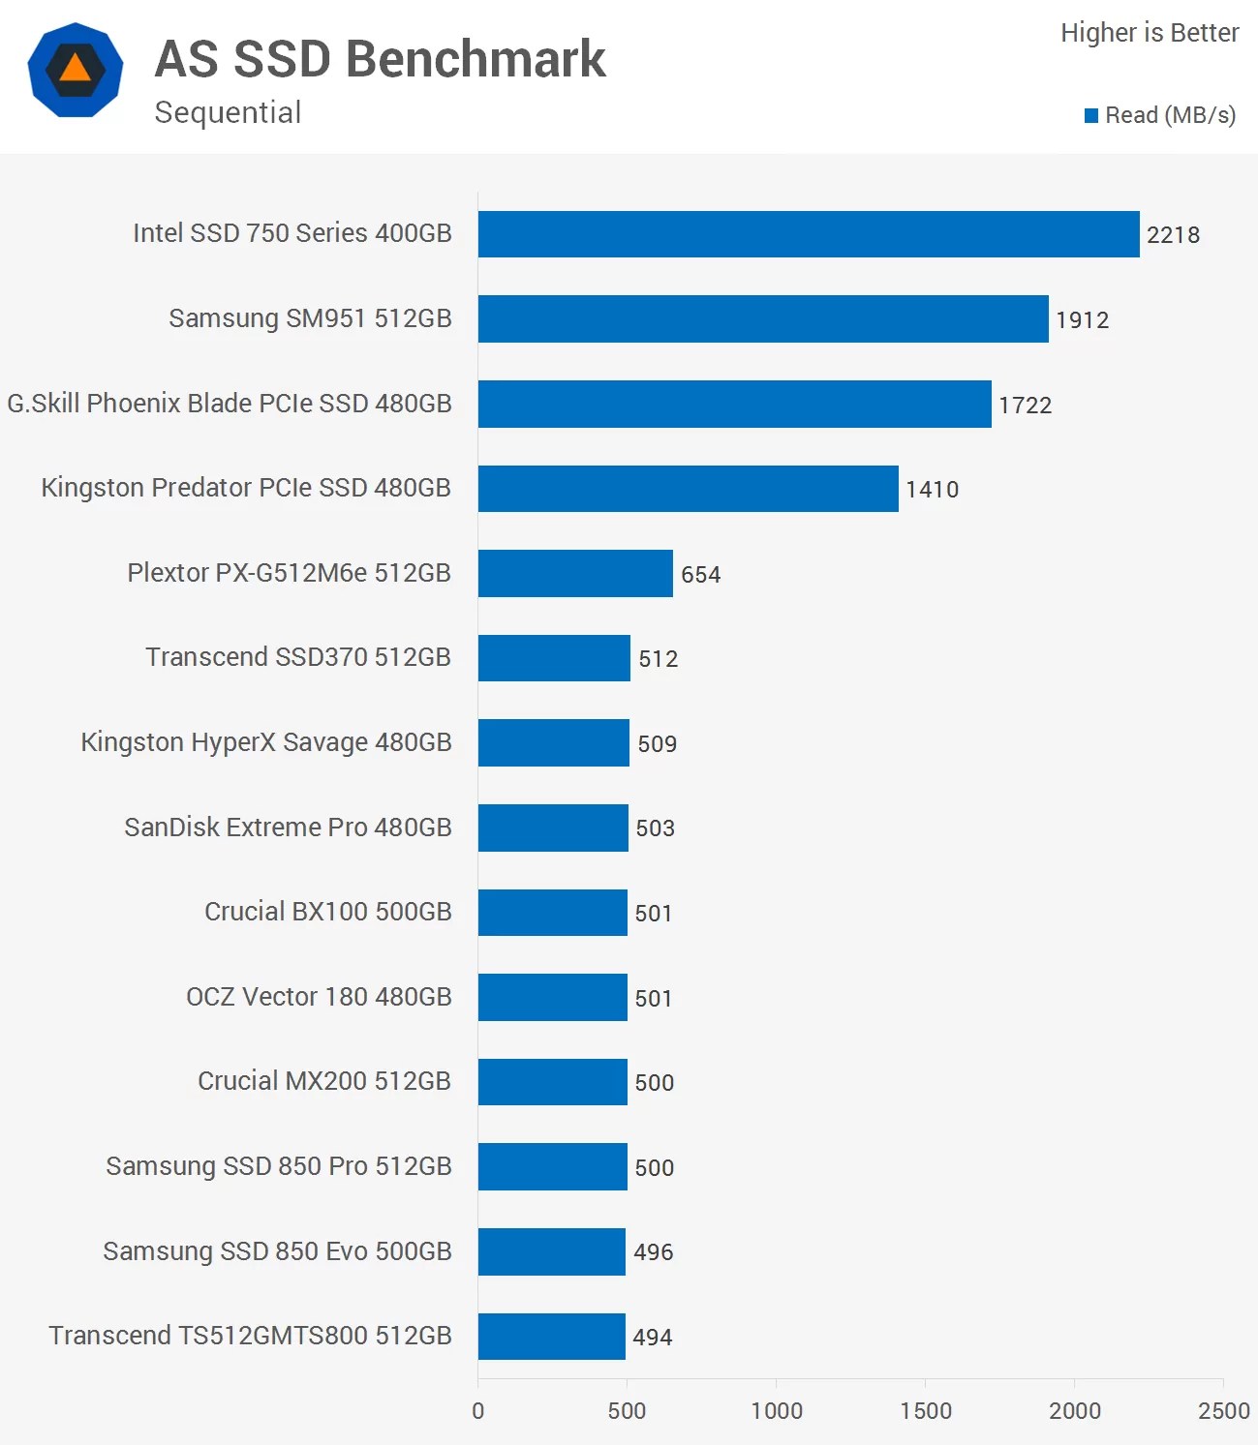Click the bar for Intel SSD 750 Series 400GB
click(809, 234)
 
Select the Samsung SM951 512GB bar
click(763, 318)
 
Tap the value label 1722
click(1025, 405)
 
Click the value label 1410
click(932, 489)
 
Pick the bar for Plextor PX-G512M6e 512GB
click(575, 573)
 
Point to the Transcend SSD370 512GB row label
click(297, 657)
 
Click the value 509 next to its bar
click(657, 743)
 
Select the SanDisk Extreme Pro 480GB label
click(288, 828)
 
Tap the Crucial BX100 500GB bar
click(553, 913)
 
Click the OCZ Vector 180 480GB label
click(319, 997)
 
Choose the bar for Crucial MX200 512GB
click(553, 1082)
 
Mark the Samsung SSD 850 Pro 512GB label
click(279, 1166)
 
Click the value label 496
click(653, 1251)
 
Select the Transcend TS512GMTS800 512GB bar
click(552, 1337)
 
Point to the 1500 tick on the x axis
click(925, 1410)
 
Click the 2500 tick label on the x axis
click(1223, 1410)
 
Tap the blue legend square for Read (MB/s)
click(1091, 116)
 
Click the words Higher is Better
click(1149, 33)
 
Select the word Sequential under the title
click(228, 112)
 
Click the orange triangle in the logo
click(75, 69)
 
